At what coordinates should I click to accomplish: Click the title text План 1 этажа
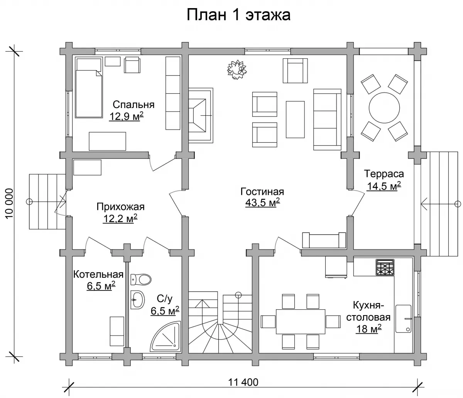[x=238, y=15]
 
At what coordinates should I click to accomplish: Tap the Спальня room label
[x=133, y=105]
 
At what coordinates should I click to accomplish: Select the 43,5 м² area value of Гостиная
[x=262, y=202]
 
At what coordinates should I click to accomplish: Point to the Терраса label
[x=384, y=174]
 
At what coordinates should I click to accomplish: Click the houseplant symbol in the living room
[x=237, y=69]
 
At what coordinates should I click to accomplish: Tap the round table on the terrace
[x=384, y=108]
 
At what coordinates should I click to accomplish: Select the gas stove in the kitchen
[x=385, y=267]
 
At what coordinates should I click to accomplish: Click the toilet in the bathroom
[x=141, y=279]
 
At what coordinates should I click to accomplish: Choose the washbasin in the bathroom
[x=137, y=300]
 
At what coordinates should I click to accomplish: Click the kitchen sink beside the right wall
[x=404, y=319]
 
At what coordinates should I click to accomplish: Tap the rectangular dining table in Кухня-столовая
[x=301, y=321]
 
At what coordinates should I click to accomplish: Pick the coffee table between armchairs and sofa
[x=295, y=119]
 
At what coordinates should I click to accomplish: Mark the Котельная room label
[x=98, y=275]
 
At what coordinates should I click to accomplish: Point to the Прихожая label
[x=120, y=207]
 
